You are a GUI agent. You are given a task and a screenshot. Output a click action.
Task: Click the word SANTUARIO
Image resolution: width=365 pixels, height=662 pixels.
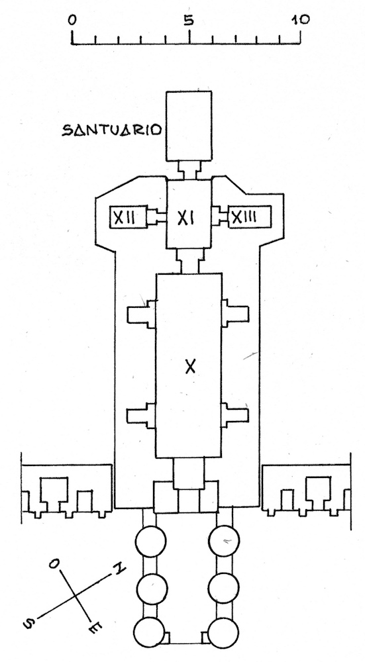click(x=112, y=130)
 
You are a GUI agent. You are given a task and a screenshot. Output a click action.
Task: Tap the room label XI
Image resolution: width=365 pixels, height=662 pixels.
click(x=188, y=218)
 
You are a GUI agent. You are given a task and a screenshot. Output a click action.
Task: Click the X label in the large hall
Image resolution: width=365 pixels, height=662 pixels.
click(x=191, y=367)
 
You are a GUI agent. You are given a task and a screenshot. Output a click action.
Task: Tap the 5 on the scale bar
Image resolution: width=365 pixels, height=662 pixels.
click(x=189, y=20)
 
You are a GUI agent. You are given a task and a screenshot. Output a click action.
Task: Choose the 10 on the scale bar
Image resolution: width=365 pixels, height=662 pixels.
click(x=300, y=19)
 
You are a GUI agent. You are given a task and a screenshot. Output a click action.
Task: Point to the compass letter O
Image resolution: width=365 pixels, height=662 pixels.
click(x=54, y=565)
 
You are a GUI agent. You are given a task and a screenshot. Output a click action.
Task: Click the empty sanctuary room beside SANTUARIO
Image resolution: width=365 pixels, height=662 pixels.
click(x=189, y=126)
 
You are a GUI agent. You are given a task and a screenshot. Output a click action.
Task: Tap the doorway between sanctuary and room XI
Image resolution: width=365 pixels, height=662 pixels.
click(x=189, y=171)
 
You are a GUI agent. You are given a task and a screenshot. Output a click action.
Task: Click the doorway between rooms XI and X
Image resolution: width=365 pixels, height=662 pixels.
click(x=189, y=261)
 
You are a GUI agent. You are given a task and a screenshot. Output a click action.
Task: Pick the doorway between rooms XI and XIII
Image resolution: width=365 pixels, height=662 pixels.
click(x=220, y=217)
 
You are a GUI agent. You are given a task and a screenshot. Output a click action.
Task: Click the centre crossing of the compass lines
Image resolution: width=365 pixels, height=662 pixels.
click(x=76, y=595)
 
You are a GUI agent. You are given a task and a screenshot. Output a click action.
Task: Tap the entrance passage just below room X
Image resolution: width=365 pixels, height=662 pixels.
click(x=189, y=474)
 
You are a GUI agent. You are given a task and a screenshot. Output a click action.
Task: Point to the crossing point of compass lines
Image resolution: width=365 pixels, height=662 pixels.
click(x=76, y=595)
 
